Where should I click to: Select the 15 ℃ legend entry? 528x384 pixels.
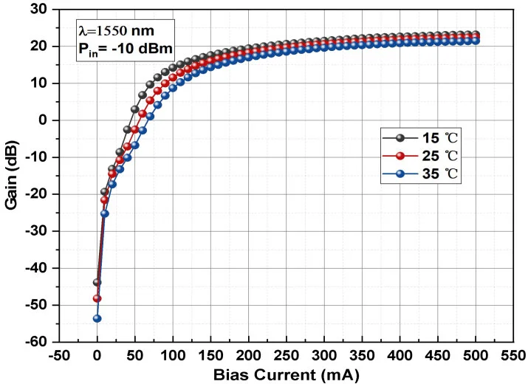click(414, 138)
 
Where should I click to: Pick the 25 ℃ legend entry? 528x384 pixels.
click(414, 156)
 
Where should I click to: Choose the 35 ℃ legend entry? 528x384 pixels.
click(414, 174)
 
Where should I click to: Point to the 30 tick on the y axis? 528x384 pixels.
click(38, 10)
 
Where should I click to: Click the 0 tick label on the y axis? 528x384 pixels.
click(43, 120)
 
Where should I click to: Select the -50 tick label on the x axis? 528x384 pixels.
click(59, 355)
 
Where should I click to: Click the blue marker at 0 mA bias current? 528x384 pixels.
click(97, 318)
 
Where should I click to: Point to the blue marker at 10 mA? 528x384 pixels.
click(105, 213)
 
